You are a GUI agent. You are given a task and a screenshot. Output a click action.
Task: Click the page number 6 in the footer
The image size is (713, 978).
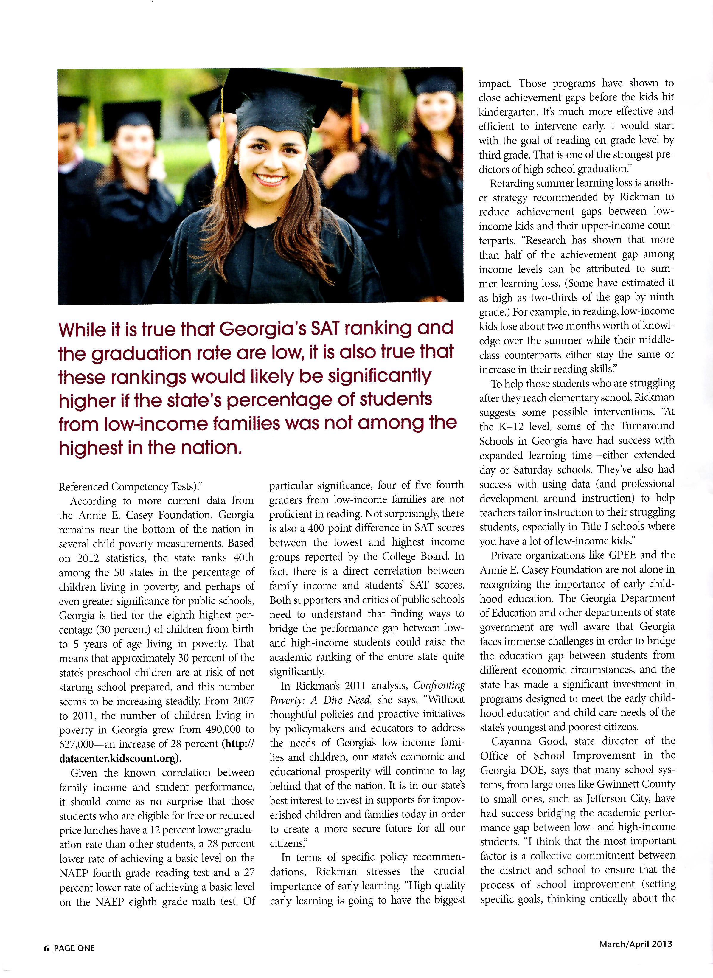tap(46, 948)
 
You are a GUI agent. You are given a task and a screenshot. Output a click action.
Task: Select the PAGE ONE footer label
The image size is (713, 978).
tap(74, 948)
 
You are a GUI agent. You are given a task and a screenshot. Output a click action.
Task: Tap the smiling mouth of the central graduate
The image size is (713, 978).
tap(270, 178)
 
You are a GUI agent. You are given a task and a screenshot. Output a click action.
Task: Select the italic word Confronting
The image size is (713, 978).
tap(439, 685)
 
